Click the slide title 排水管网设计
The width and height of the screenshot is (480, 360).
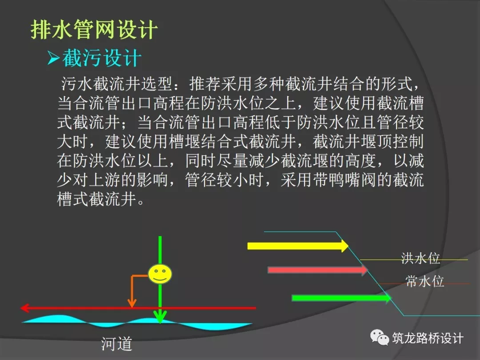click(x=94, y=30)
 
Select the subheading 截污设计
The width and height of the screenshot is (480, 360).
click(x=102, y=58)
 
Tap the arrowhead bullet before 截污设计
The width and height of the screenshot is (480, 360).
click(x=53, y=59)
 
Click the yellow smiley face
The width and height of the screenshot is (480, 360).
click(x=160, y=274)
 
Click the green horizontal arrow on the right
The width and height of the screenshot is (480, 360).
click(x=340, y=298)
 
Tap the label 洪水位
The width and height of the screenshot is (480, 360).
click(x=420, y=258)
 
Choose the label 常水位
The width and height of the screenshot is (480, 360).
click(x=425, y=281)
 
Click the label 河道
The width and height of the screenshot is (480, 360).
click(x=117, y=344)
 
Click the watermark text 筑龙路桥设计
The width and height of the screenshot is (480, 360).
click(x=428, y=338)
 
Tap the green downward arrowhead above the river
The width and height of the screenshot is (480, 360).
click(x=160, y=316)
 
